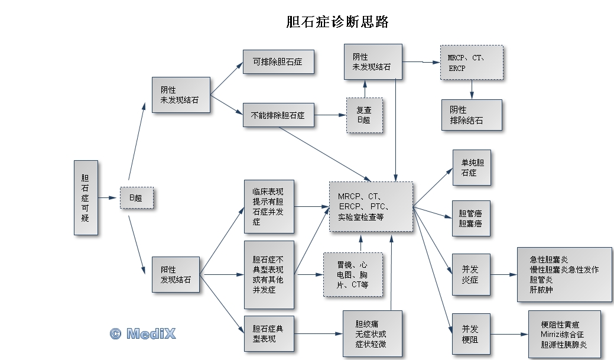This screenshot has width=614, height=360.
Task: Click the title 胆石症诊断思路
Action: pos(337,22)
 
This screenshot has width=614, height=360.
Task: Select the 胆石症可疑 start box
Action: pos(86,197)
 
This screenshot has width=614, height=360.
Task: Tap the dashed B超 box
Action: pos(137,198)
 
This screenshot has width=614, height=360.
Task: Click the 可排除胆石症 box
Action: pos(278,61)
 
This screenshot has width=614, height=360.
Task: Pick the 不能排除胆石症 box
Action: pos(278,115)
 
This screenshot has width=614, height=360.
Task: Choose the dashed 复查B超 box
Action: pos(364,115)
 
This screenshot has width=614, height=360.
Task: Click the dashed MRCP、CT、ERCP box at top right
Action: pos(472,63)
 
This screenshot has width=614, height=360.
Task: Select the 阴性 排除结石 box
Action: pos(472,115)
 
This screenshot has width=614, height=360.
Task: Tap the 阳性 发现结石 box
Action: pos(176,274)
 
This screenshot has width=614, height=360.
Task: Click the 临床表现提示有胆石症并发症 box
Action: pos(269,206)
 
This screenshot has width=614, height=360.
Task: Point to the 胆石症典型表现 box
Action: pos(269,333)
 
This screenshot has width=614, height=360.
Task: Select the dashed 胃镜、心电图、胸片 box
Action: pos(353,275)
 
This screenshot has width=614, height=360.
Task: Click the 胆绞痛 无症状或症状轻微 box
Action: pos(372,334)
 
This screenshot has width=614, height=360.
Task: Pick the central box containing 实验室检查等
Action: pos(371,206)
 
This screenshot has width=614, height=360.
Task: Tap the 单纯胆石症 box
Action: pos(472,168)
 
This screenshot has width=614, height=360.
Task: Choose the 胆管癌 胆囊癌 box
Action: pos(472,219)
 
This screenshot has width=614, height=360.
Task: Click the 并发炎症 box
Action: pos(472,274)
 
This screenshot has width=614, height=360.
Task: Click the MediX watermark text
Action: pos(142,333)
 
